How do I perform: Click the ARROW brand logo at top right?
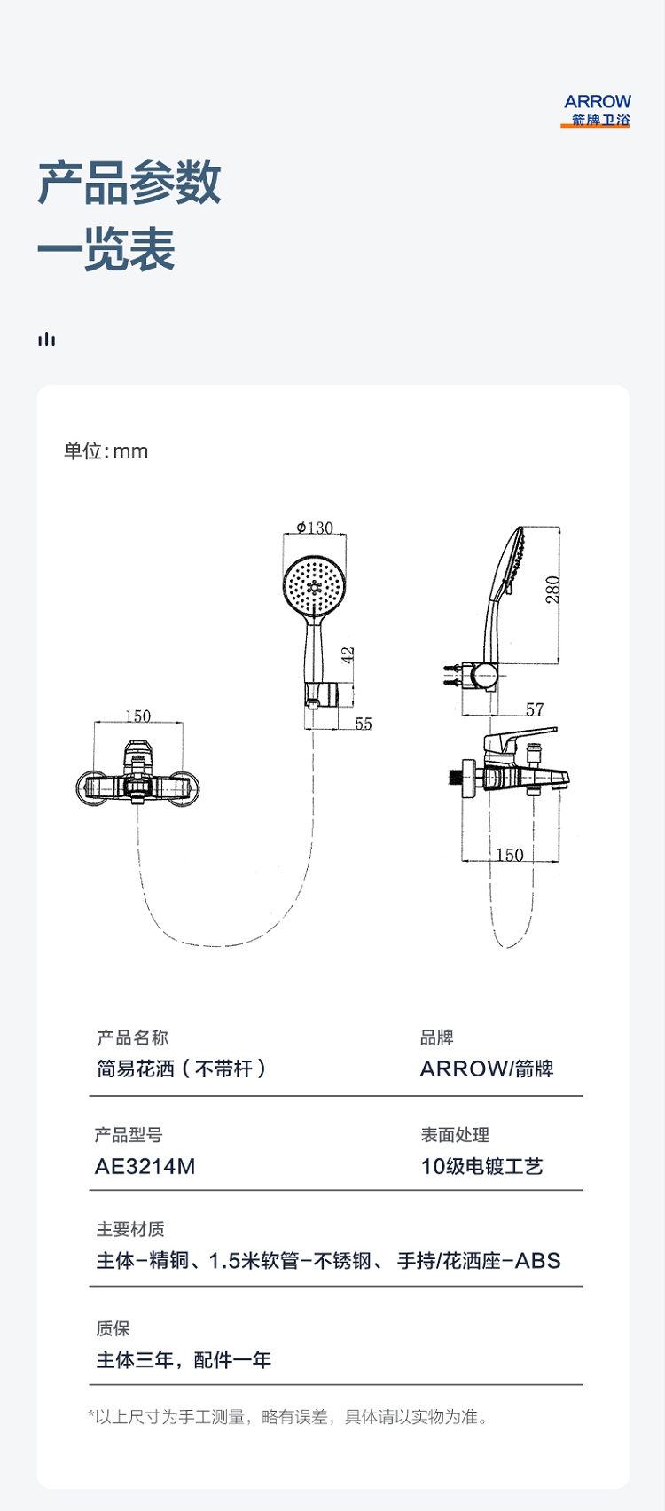(x=596, y=111)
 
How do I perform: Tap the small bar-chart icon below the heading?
(x=46, y=339)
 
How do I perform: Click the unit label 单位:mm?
(x=106, y=450)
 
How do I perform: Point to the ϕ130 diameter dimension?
(x=315, y=528)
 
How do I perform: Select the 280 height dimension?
(x=552, y=590)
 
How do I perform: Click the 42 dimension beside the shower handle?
(x=348, y=654)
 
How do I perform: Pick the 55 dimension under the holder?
(x=364, y=724)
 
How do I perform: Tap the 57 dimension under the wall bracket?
(x=535, y=709)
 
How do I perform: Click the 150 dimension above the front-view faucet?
(x=137, y=716)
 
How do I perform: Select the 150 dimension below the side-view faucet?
(x=510, y=855)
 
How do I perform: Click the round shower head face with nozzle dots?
(x=314, y=585)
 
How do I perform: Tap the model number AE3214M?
(x=145, y=1166)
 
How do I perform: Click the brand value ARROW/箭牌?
(x=487, y=1069)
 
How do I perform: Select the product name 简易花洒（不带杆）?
(x=182, y=1069)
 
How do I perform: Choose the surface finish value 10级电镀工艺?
(x=481, y=1166)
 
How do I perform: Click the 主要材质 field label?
(x=130, y=1229)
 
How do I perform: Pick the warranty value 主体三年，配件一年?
(x=184, y=1360)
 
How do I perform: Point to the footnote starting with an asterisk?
(x=289, y=1417)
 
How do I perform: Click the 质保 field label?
(x=113, y=1328)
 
